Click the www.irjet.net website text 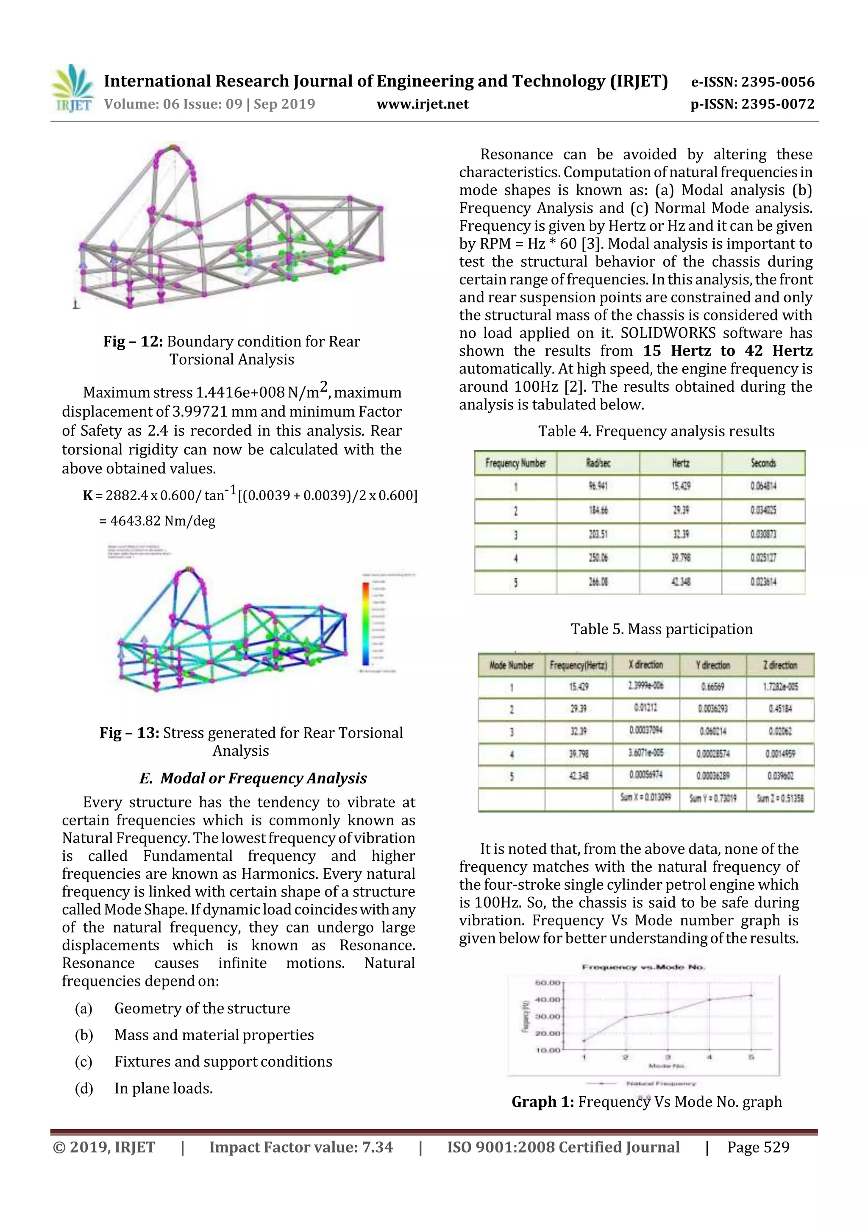[x=423, y=104]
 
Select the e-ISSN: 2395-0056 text [x=752, y=82]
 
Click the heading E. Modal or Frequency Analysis [x=253, y=778]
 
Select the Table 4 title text [x=656, y=431]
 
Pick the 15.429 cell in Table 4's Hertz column [x=680, y=486]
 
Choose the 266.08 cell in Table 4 [x=598, y=582]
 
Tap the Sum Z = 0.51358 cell [x=780, y=799]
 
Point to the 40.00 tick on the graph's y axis [x=547, y=1000]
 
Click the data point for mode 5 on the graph [x=751, y=995]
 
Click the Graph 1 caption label [x=542, y=1102]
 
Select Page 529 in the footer [x=758, y=1147]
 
